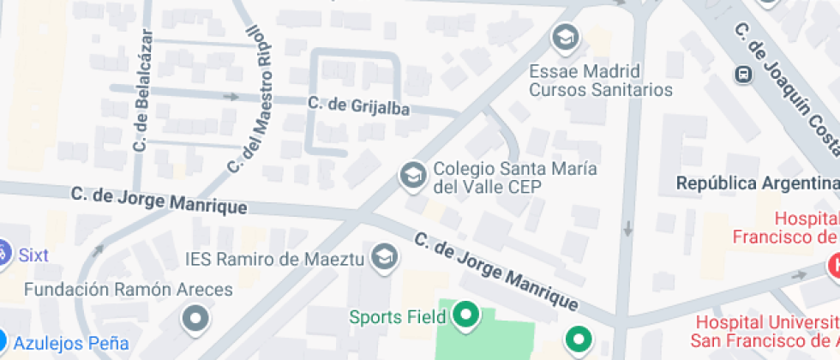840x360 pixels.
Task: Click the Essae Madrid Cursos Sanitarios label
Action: click(x=600, y=79)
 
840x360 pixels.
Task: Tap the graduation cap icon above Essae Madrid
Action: click(x=566, y=37)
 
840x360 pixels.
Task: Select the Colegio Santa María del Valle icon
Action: click(x=412, y=177)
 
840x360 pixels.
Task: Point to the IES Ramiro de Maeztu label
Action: click(x=275, y=258)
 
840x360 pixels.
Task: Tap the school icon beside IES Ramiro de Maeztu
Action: click(x=387, y=255)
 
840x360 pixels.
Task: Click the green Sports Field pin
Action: click(x=466, y=315)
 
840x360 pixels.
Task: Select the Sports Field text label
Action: click(x=398, y=317)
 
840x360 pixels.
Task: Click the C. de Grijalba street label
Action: click(x=357, y=105)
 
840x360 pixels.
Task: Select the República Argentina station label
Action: click(x=757, y=183)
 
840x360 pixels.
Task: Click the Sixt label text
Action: click(x=33, y=255)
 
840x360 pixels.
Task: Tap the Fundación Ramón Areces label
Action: click(x=128, y=290)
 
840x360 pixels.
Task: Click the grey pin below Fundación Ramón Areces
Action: click(x=197, y=318)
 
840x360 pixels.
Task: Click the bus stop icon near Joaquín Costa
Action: click(x=743, y=75)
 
